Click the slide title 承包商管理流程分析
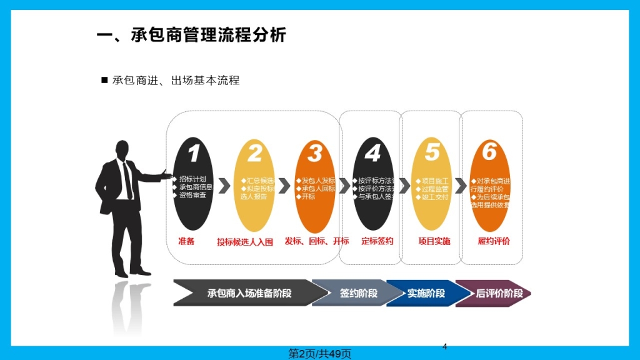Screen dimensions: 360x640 (x=191, y=35)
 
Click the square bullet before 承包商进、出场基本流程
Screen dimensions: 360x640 (x=104, y=80)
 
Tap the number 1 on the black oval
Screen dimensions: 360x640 (x=194, y=153)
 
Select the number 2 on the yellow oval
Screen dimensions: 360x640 (x=254, y=153)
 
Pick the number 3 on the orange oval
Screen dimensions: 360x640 (x=315, y=153)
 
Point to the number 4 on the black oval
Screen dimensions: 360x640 (x=372, y=153)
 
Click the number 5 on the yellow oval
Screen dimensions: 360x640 (x=432, y=152)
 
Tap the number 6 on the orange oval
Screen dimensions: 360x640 (x=489, y=152)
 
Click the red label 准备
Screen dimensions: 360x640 (x=186, y=241)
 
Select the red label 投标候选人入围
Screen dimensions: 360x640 (x=245, y=242)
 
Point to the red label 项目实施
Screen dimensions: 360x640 (x=434, y=241)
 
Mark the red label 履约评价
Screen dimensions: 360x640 (x=494, y=241)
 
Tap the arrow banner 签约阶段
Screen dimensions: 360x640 (x=358, y=293)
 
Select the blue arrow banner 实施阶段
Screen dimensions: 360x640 (x=426, y=293)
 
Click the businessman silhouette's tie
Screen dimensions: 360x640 (x=127, y=180)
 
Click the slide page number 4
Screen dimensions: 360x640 (x=444, y=346)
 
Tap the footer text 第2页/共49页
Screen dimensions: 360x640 (x=319, y=354)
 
